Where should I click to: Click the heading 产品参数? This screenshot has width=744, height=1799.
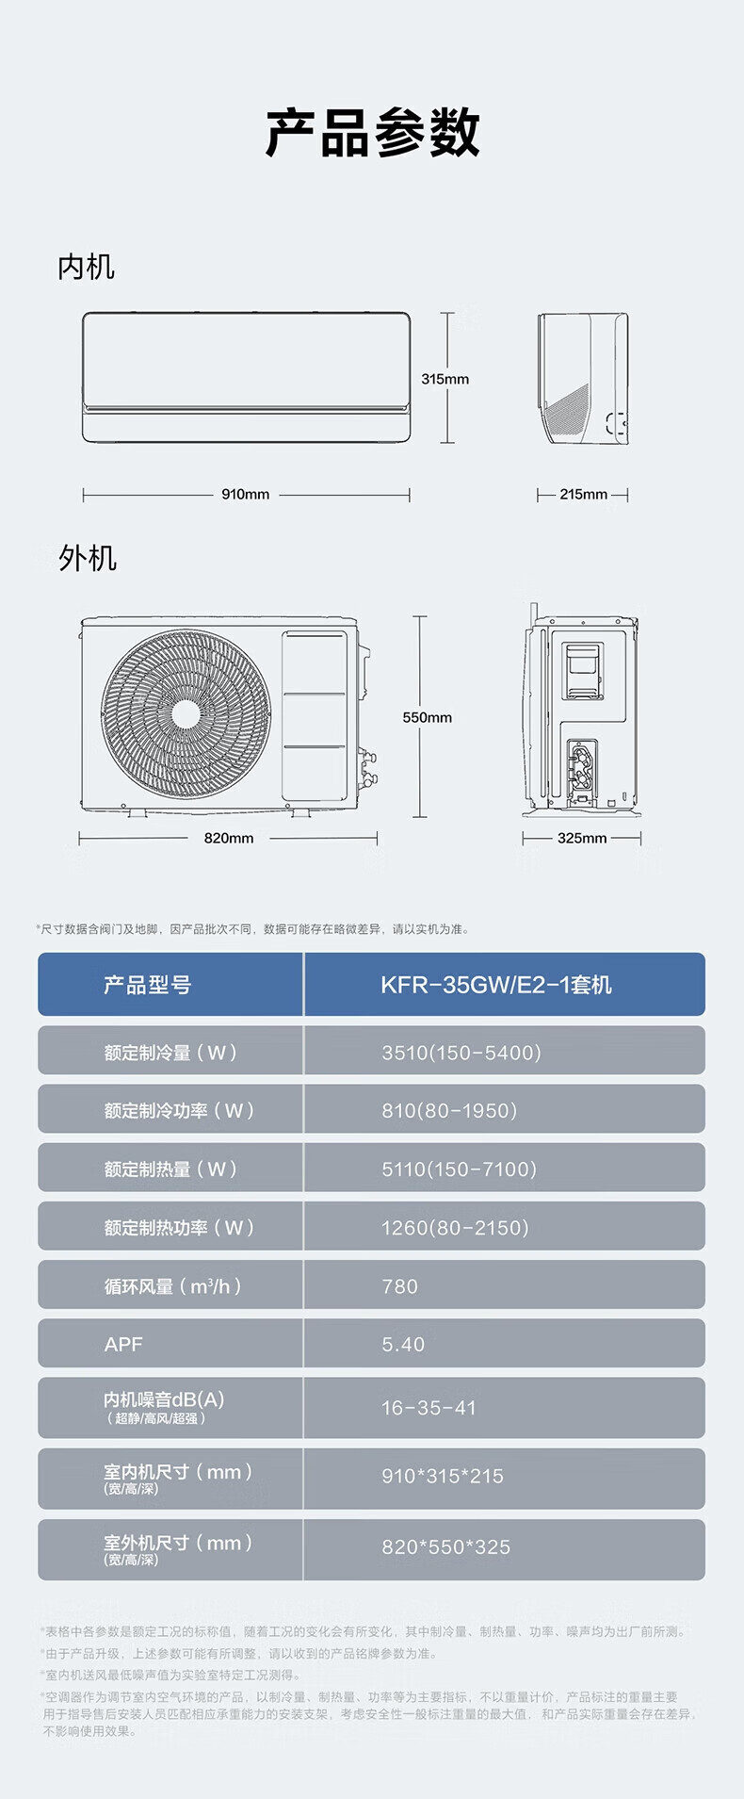click(372, 133)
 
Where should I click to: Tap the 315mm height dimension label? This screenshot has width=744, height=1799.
click(445, 379)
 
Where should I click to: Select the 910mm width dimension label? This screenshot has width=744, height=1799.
click(246, 494)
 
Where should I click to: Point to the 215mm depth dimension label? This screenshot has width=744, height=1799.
click(583, 494)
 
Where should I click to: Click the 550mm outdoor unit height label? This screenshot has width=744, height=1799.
click(427, 717)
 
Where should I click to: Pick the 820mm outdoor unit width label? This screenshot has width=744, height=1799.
click(229, 838)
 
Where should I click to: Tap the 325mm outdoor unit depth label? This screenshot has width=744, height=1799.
click(582, 838)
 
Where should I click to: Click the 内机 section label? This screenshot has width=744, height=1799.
click(86, 268)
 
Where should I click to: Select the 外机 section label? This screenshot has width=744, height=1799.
click(88, 559)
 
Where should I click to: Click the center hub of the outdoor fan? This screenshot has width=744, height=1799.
click(186, 713)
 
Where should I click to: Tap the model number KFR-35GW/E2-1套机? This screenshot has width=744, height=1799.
click(495, 985)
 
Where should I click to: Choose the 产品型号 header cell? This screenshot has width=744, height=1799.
click(148, 985)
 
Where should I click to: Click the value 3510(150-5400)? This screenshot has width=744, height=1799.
click(461, 1052)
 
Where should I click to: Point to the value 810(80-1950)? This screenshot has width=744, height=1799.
click(449, 1110)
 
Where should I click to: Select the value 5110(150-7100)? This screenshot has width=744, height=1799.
click(459, 1169)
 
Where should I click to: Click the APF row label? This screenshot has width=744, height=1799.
click(123, 1345)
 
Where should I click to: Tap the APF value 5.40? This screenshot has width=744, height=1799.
click(403, 1345)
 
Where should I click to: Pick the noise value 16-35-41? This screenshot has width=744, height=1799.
click(429, 1408)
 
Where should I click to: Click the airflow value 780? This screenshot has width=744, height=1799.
click(399, 1286)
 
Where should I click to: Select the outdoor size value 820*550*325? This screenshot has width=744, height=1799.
click(445, 1547)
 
